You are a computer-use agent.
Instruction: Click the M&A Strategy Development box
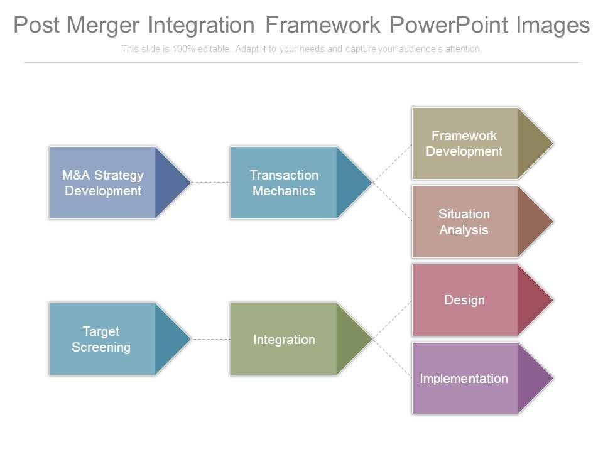coord(103,183)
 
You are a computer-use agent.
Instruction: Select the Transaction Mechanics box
coord(284,183)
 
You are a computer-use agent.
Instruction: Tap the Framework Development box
coord(464,143)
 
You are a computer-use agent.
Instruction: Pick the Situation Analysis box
coord(464,222)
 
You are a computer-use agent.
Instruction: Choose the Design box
coord(464,300)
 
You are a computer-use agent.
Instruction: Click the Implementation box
coord(464,379)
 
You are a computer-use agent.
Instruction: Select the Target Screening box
coord(102,339)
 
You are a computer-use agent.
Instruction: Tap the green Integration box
coord(284,340)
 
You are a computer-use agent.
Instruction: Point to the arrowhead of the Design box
coord(534,300)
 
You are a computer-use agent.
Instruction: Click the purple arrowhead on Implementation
coord(534,379)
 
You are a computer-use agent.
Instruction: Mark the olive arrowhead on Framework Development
coord(534,143)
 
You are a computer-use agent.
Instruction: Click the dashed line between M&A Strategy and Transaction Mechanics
coord(210,183)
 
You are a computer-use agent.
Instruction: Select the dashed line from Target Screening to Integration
coord(210,339)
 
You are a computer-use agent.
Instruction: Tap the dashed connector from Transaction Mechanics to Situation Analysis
coord(393,202)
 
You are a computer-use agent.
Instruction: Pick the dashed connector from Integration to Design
coord(393,320)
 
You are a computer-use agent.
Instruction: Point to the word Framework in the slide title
coord(322,25)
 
